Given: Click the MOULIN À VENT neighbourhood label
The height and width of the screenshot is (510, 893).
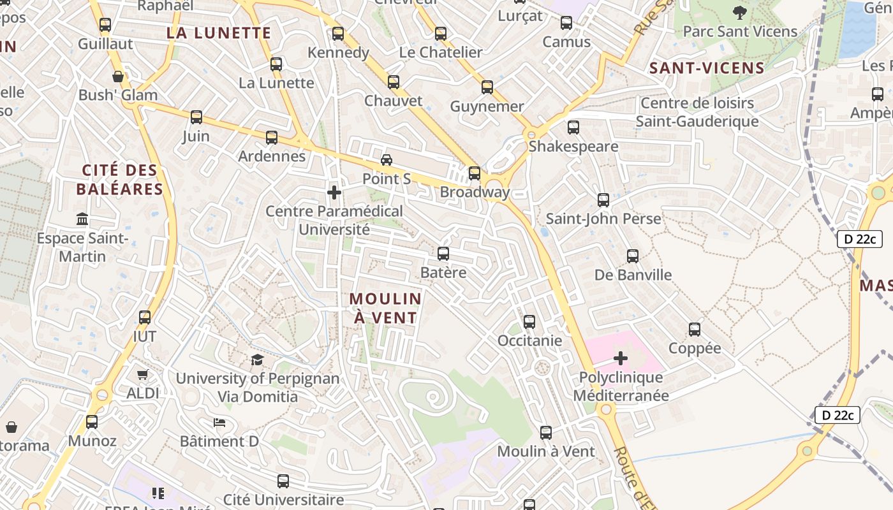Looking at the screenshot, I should [x=385, y=308].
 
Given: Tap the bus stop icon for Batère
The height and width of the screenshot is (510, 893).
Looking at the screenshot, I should [x=443, y=254].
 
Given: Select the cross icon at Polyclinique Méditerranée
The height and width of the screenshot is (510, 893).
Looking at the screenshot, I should [x=620, y=358].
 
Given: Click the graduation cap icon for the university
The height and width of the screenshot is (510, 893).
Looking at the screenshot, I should [x=257, y=360].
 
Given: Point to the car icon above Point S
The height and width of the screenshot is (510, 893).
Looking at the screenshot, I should [x=387, y=159].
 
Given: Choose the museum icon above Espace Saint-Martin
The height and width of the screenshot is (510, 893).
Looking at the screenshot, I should [x=82, y=219].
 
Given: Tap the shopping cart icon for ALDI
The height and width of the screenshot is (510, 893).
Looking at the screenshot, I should [x=142, y=375].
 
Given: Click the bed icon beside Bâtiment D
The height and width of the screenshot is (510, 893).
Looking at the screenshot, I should [x=219, y=422].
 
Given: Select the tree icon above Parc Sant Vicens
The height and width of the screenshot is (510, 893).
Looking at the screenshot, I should [x=740, y=12].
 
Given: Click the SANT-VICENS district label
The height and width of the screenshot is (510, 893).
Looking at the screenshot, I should [x=707, y=68].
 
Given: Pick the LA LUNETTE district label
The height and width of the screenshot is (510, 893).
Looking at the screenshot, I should [x=219, y=33].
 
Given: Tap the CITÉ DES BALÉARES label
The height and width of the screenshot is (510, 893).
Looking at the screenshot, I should [x=120, y=180].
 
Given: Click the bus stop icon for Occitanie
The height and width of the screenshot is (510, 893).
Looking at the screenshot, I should [x=529, y=321].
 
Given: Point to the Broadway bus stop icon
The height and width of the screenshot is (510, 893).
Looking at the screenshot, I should [x=475, y=173].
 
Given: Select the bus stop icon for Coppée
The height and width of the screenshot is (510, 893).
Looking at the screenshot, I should [x=695, y=330].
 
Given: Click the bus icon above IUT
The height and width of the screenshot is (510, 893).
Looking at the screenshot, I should [x=145, y=317].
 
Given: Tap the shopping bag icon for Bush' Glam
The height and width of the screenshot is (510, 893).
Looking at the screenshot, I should [x=118, y=76].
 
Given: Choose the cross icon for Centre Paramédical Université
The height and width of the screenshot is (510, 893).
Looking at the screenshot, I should [x=334, y=192].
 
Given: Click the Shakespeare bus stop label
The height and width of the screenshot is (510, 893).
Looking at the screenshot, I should [x=573, y=147].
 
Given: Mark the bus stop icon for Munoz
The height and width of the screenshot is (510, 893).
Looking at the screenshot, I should [x=92, y=421].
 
